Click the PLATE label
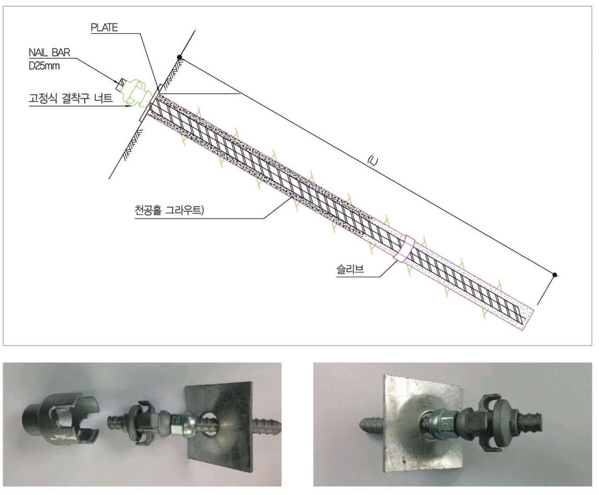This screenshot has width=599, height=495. [x=104, y=28]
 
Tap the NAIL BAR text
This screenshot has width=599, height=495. [x=49, y=52]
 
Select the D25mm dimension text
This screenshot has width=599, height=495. [x=44, y=66]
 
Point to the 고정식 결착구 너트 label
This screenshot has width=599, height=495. [x=71, y=98]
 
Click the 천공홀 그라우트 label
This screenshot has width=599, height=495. [x=169, y=210]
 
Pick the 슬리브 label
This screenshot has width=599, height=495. [x=350, y=269]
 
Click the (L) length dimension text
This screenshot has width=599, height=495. [x=373, y=161]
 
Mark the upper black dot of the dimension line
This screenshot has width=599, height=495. [x=179, y=57]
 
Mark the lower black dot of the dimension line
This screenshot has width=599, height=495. [x=555, y=275]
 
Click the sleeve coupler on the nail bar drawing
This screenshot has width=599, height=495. [x=405, y=249]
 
